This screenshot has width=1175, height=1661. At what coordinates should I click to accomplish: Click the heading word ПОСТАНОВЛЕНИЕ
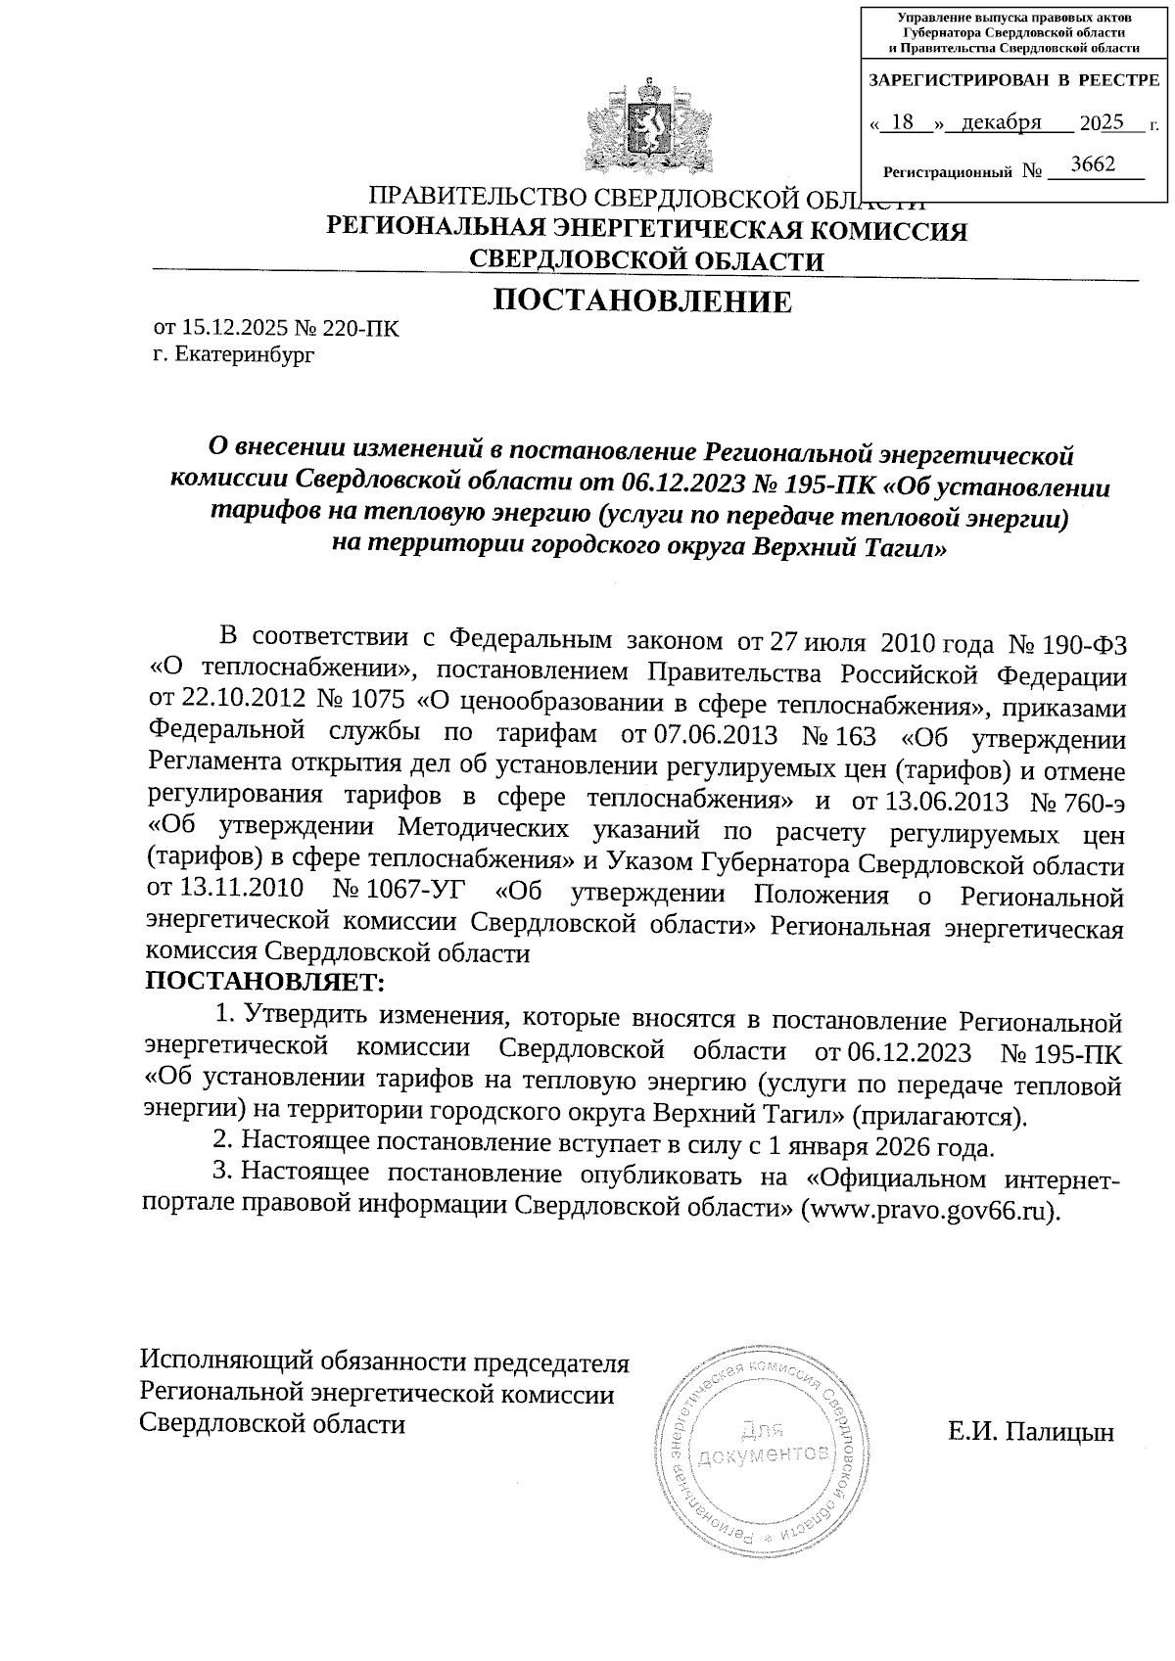pyautogui.click(x=641, y=302)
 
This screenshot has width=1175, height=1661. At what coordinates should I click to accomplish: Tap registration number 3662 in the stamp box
pyautogui.click(x=1093, y=164)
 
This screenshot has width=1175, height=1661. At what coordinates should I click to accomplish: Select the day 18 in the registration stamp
pyautogui.click(x=904, y=122)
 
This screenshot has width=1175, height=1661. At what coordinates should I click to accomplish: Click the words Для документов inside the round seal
pyautogui.click(x=763, y=1443)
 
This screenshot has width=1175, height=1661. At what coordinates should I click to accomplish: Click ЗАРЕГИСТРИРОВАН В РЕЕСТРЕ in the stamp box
pyautogui.click(x=1014, y=80)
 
